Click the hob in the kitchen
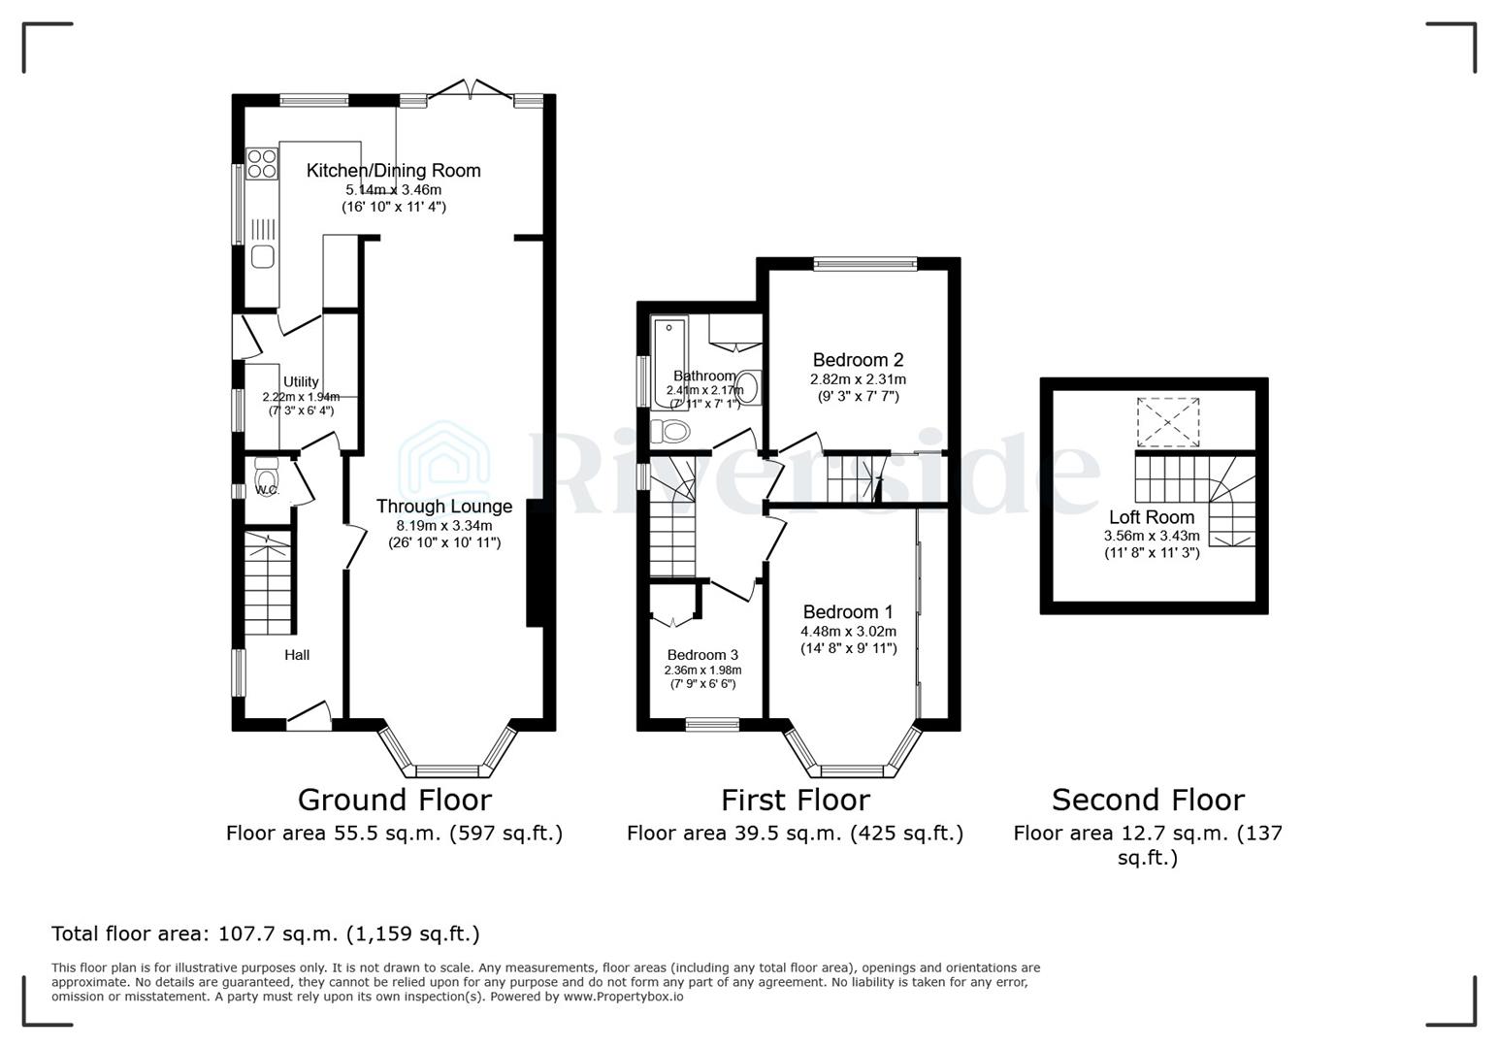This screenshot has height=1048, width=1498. tap(261, 164)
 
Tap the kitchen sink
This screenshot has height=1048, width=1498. tap(263, 256)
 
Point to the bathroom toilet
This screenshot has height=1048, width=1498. tap(669, 431)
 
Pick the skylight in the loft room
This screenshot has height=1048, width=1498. tap(1167, 421)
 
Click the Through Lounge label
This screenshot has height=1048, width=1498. tap(444, 507)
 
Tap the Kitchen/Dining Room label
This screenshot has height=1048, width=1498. tap(393, 171)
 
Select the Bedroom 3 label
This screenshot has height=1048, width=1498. tap(702, 655)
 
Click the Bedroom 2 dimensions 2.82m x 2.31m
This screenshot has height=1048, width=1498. tap(858, 379)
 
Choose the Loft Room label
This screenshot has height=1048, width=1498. tap(1152, 517)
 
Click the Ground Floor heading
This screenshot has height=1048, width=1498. tap(394, 800)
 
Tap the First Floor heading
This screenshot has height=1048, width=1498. tap(795, 800)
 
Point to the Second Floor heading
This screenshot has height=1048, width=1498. tap(1148, 800)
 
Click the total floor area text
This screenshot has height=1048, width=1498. tap(266, 933)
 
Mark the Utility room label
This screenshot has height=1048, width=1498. tap(301, 382)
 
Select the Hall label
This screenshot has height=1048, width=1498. tap(297, 655)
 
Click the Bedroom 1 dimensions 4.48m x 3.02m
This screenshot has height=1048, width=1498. tap(848, 632)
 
